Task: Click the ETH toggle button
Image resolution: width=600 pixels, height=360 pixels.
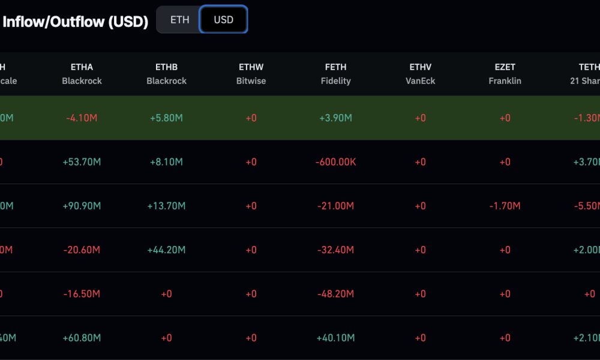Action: tap(179, 20)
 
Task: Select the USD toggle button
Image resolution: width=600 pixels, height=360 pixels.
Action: tap(223, 20)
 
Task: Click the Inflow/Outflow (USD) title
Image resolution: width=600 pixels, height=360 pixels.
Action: tap(76, 22)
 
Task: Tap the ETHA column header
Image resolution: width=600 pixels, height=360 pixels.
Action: tap(82, 67)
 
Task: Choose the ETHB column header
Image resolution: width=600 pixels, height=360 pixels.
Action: tap(166, 67)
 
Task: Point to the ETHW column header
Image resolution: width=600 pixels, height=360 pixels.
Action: tap(251, 67)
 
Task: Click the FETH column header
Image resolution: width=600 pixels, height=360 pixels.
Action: tap(335, 67)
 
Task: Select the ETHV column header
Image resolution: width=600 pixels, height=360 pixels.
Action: tap(420, 67)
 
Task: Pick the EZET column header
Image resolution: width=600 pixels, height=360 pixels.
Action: tap(505, 67)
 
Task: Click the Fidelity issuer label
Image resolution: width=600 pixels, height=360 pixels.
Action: tap(335, 81)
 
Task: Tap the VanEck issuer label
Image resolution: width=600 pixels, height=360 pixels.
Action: tap(420, 81)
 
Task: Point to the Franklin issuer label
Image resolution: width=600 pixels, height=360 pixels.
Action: tap(505, 81)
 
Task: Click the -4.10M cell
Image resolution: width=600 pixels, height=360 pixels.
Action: tap(82, 118)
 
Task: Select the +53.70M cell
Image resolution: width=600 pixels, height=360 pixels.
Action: tap(82, 162)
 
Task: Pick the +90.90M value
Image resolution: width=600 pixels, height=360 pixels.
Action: tap(82, 206)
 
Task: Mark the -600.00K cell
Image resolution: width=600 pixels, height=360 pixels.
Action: tap(335, 162)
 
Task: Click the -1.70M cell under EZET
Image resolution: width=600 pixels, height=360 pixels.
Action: tap(505, 206)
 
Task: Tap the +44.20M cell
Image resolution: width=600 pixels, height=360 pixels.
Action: tap(166, 250)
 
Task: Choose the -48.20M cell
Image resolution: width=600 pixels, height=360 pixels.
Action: tap(335, 294)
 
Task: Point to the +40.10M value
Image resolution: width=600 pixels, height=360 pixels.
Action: tap(335, 338)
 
